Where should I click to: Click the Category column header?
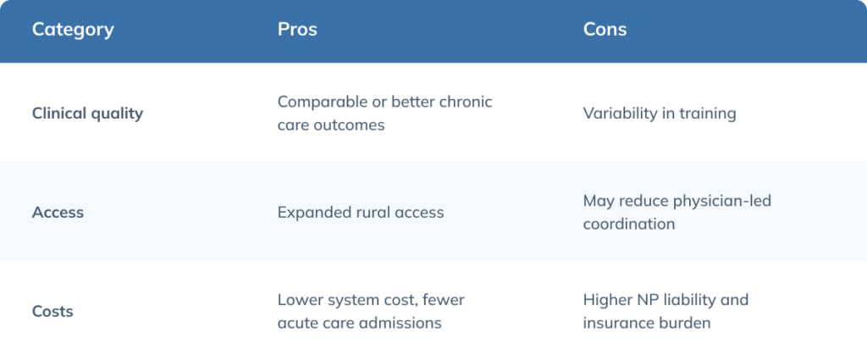(73, 30)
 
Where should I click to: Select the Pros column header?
(297, 30)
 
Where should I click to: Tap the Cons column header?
(605, 30)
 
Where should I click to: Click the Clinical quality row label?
(87, 114)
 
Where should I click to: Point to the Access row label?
(58, 213)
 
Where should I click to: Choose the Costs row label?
(52, 312)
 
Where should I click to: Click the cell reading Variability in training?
(660, 114)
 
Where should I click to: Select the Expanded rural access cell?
(361, 213)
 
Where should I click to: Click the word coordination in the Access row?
(629, 224)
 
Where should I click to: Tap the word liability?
(683, 300)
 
